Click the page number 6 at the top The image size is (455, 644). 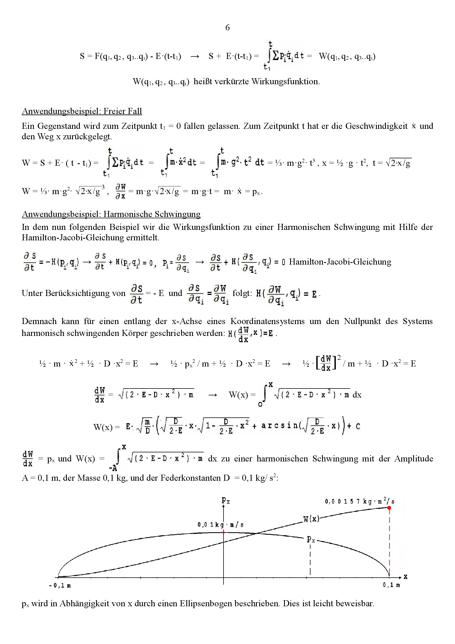pyautogui.click(x=227, y=28)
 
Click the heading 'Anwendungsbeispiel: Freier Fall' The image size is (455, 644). pyautogui.click(x=82, y=111)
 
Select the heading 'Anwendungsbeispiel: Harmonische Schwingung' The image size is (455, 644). pyautogui.click(x=111, y=214)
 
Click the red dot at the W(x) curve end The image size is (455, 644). pyautogui.click(x=389, y=508)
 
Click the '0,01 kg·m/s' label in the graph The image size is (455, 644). pyautogui.click(x=220, y=525)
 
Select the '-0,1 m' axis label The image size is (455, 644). pyautogui.click(x=60, y=586)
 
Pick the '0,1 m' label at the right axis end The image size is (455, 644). pyautogui.click(x=391, y=585)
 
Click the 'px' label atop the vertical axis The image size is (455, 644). pyautogui.click(x=226, y=500)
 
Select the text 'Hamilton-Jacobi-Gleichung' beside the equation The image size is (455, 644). pyautogui.click(x=340, y=262)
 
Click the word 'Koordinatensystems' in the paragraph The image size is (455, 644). pyautogui.click(x=268, y=321)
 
